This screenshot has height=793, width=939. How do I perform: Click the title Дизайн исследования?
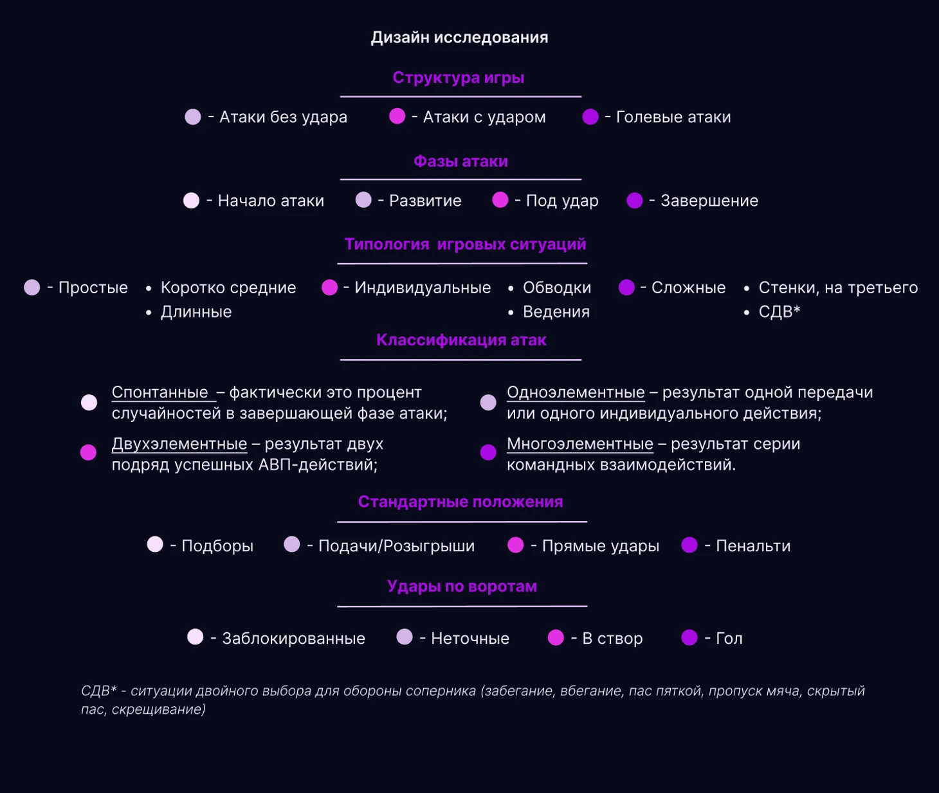(x=459, y=37)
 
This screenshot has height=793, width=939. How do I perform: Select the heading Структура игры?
(x=459, y=77)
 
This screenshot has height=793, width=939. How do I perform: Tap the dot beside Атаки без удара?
(x=193, y=116)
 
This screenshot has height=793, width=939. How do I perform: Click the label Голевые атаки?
(x=673, y=117)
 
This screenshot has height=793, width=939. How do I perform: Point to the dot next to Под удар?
(x=500, y=200)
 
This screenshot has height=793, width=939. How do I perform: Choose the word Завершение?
(x=709, y=201)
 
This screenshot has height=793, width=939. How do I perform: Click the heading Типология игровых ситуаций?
(x=466, y=244)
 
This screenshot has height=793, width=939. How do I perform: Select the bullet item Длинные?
(x=196, y=312)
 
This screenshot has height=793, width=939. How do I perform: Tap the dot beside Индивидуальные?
(x=330, y=287)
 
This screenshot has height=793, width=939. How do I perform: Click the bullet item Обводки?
(x=557, y=288)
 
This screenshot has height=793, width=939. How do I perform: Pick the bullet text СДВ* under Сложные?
(x=779, y=312)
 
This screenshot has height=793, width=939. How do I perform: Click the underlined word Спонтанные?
(x=160, y=392)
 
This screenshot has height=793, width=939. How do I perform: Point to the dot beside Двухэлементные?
(x=88, y=452)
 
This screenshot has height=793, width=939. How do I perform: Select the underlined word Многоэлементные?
(x=579, y=444)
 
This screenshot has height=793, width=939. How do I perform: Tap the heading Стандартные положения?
(x=460, y=502)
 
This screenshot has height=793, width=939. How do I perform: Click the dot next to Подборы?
(x=155, y=544)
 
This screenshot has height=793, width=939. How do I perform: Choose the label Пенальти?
(x=753, y=546)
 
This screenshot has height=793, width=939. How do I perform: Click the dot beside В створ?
(x=556, y=637)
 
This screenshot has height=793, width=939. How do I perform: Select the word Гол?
(x=729, y=638)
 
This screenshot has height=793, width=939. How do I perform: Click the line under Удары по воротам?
(x=462, y=606)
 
